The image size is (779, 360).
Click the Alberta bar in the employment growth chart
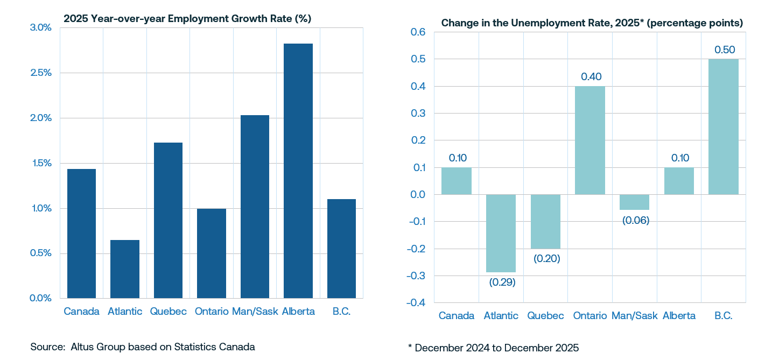click(298, 171)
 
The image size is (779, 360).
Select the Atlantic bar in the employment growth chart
click(124, 269)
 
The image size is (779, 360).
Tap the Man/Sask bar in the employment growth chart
click(255, 207)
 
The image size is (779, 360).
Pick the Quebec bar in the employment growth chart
click(168, 220)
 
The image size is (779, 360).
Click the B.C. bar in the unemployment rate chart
click(723, 126)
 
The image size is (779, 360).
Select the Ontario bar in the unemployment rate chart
click(590, 140)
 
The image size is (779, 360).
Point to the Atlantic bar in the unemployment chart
click(501, 233)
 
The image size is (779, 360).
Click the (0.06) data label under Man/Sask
click(634, 220)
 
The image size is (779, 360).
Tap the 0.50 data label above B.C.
click(724, 50)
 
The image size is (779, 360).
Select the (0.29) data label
click(501, 282)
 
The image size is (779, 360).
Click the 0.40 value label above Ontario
click(591, 76)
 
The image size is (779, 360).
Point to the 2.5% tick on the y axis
click(40, 73)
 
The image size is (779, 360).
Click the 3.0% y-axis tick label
click(40, 27)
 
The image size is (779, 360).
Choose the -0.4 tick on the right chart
click(415, 303)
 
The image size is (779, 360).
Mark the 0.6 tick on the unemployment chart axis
click(418, 32)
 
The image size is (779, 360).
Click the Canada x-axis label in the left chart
click(81, 312)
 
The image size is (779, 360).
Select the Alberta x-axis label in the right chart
click(679, 316)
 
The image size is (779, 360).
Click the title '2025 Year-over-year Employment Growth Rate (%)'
click(187, 18)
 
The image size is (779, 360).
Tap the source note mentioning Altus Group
click(143, 347)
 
